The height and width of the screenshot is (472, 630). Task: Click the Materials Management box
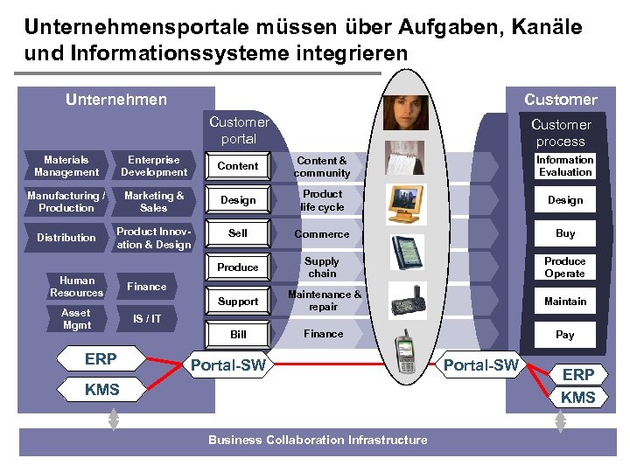coord(66,166)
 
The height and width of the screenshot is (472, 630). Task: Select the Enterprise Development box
coord(154,166)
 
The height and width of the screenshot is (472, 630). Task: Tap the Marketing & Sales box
coord(154,202)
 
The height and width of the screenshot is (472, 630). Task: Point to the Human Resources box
coord(77,287)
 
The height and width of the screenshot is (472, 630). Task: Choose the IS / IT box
coord(147,319)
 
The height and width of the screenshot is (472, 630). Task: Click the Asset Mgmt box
coord(76,319)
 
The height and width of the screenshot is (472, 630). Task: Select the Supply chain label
coord(322,267)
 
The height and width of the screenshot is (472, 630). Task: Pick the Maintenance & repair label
coord(323,301)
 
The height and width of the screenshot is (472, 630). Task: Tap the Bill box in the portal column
coord(238,335)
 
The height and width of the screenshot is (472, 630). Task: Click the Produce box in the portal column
coord(238,267)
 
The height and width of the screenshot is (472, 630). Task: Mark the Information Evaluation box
coord(564,166)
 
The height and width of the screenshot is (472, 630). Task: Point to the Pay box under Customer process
coord(564,335)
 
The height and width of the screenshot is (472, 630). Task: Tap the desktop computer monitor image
coord(406,202)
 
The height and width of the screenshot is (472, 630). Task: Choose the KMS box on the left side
coord(102,390)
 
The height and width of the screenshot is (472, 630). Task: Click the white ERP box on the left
coord(101,359)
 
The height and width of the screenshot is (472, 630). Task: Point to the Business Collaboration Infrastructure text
coord(318,440)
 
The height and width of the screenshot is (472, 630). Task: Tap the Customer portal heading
coord(239,130)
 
